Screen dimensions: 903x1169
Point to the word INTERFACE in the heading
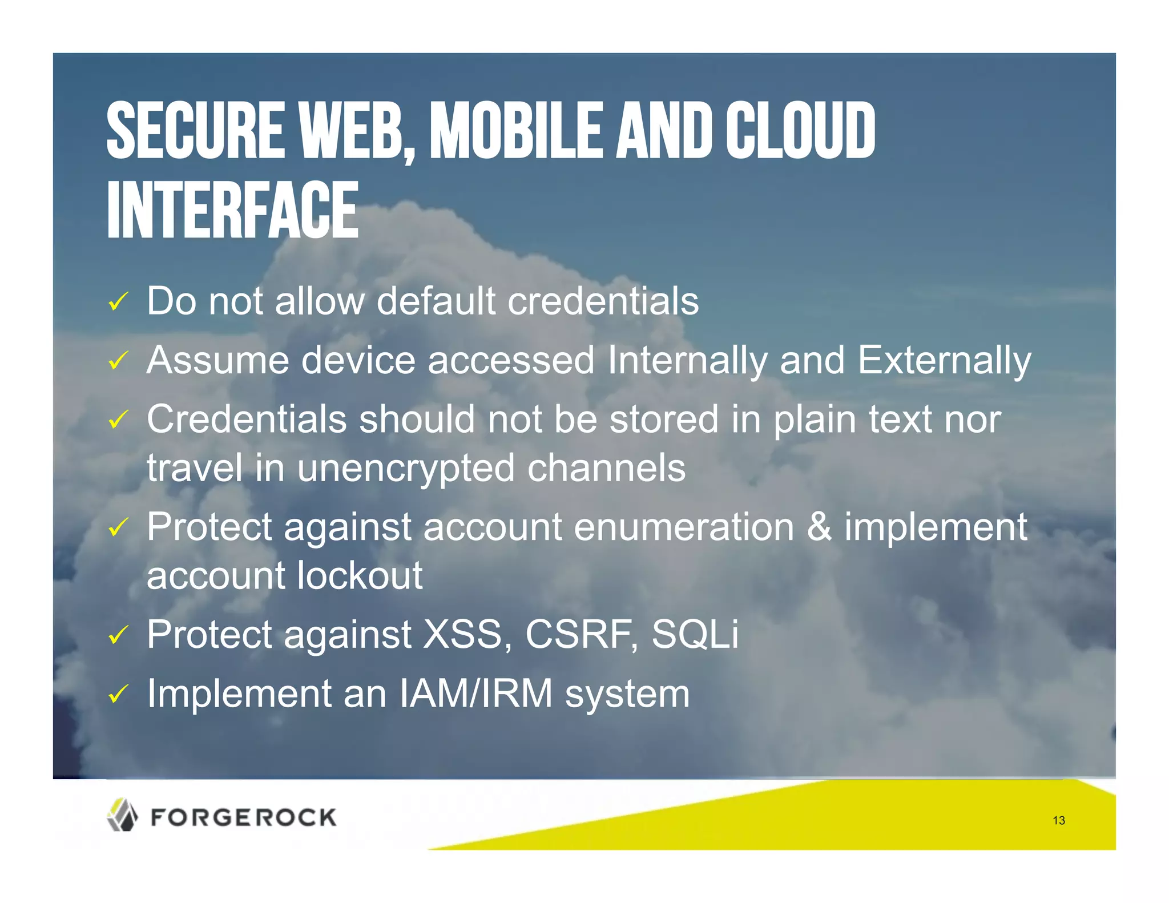[x=232, y=209]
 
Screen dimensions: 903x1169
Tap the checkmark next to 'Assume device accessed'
[x=118, y=361]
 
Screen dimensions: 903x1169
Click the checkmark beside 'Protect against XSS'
[x=118, y=635]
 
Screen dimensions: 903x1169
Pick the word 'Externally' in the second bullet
[x=944, y=361]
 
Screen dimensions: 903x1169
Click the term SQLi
[x=695, y=635]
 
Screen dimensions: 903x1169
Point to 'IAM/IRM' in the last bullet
[x=475, y=694]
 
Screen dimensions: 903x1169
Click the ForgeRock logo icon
[x=122, y=815]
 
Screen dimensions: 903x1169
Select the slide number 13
[x=1059, y=821]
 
